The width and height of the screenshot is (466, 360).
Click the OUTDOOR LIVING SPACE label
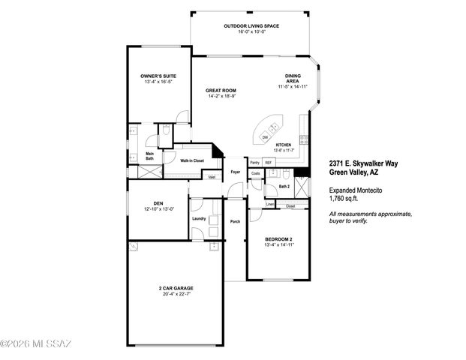click(x=251, y=26)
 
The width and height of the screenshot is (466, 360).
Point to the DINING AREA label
click(x=293, y=77)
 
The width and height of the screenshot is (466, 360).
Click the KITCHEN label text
click(x=283, y=144)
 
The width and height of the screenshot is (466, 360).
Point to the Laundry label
click(x=199, y=219)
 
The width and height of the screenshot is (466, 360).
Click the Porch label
click(x=235, y=221)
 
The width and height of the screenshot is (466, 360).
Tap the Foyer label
click(x=235, y=172)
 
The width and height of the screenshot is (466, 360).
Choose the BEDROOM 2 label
click(x=278, y=239)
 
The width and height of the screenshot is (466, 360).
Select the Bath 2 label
click(x=284, y=185)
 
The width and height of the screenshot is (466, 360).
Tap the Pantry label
click(x=254, y=162)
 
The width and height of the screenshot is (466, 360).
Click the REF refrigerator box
click(x=268, y=162)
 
